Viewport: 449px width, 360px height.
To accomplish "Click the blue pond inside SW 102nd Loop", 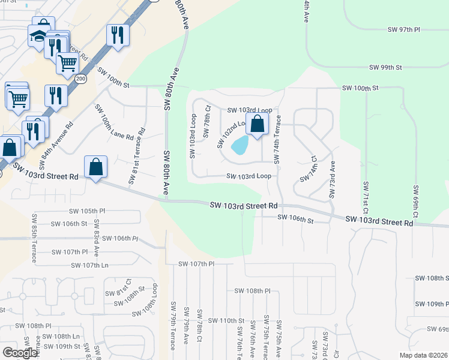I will (240, 145).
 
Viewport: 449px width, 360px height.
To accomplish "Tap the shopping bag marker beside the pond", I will (257, 125).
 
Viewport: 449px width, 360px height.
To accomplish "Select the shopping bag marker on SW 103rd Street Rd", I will (96, 167).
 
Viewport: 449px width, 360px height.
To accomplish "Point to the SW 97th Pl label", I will (404, 29).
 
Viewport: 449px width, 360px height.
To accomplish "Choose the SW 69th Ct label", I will (415, 201).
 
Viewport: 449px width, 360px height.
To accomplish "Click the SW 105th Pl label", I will (87, 211).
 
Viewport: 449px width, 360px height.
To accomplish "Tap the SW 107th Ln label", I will (89, 265).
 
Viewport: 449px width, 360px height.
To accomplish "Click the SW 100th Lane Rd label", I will (113, 122).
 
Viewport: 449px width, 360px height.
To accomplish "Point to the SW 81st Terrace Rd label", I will (136, 156).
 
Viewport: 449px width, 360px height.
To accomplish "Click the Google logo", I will (19, 353).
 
